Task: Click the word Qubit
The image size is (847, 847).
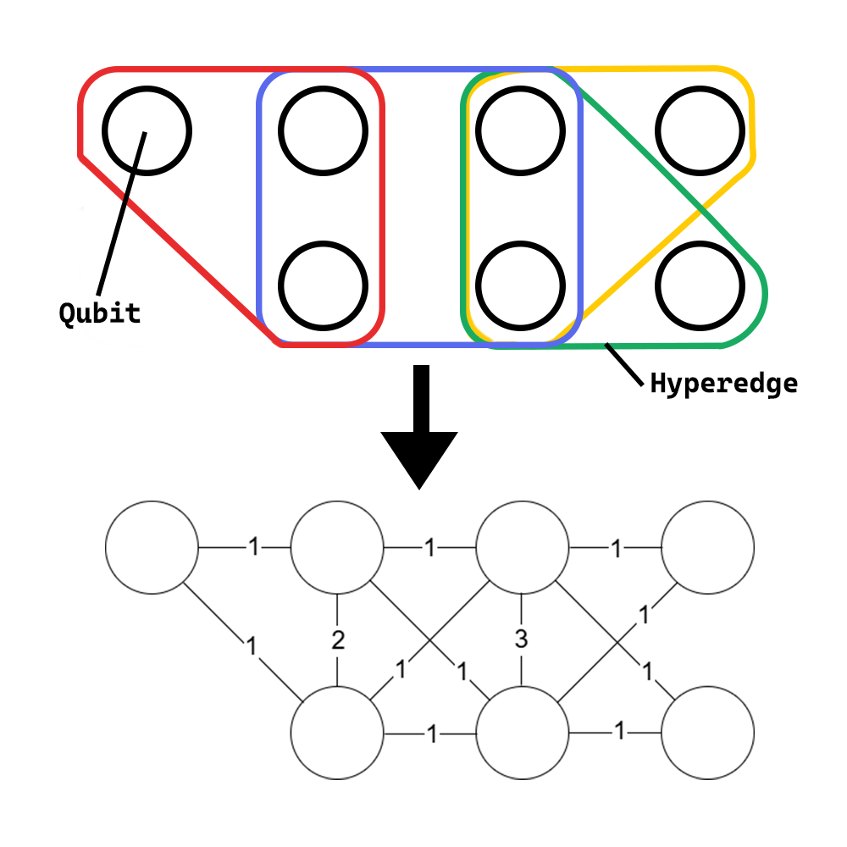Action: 99,313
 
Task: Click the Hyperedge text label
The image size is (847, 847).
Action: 723,384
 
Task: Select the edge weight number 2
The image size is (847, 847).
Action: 338,641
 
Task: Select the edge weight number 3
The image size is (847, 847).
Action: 521,641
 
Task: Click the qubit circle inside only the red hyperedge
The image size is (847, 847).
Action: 147,131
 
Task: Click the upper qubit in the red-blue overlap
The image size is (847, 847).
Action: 323,131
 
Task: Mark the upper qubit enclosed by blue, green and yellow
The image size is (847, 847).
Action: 519,131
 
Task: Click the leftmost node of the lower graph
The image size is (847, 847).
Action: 152,547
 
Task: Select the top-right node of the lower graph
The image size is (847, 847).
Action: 707,547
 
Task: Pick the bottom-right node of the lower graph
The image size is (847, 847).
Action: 707,733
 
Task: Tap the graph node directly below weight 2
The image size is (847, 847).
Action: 337,733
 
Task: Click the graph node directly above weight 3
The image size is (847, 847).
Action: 522,547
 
